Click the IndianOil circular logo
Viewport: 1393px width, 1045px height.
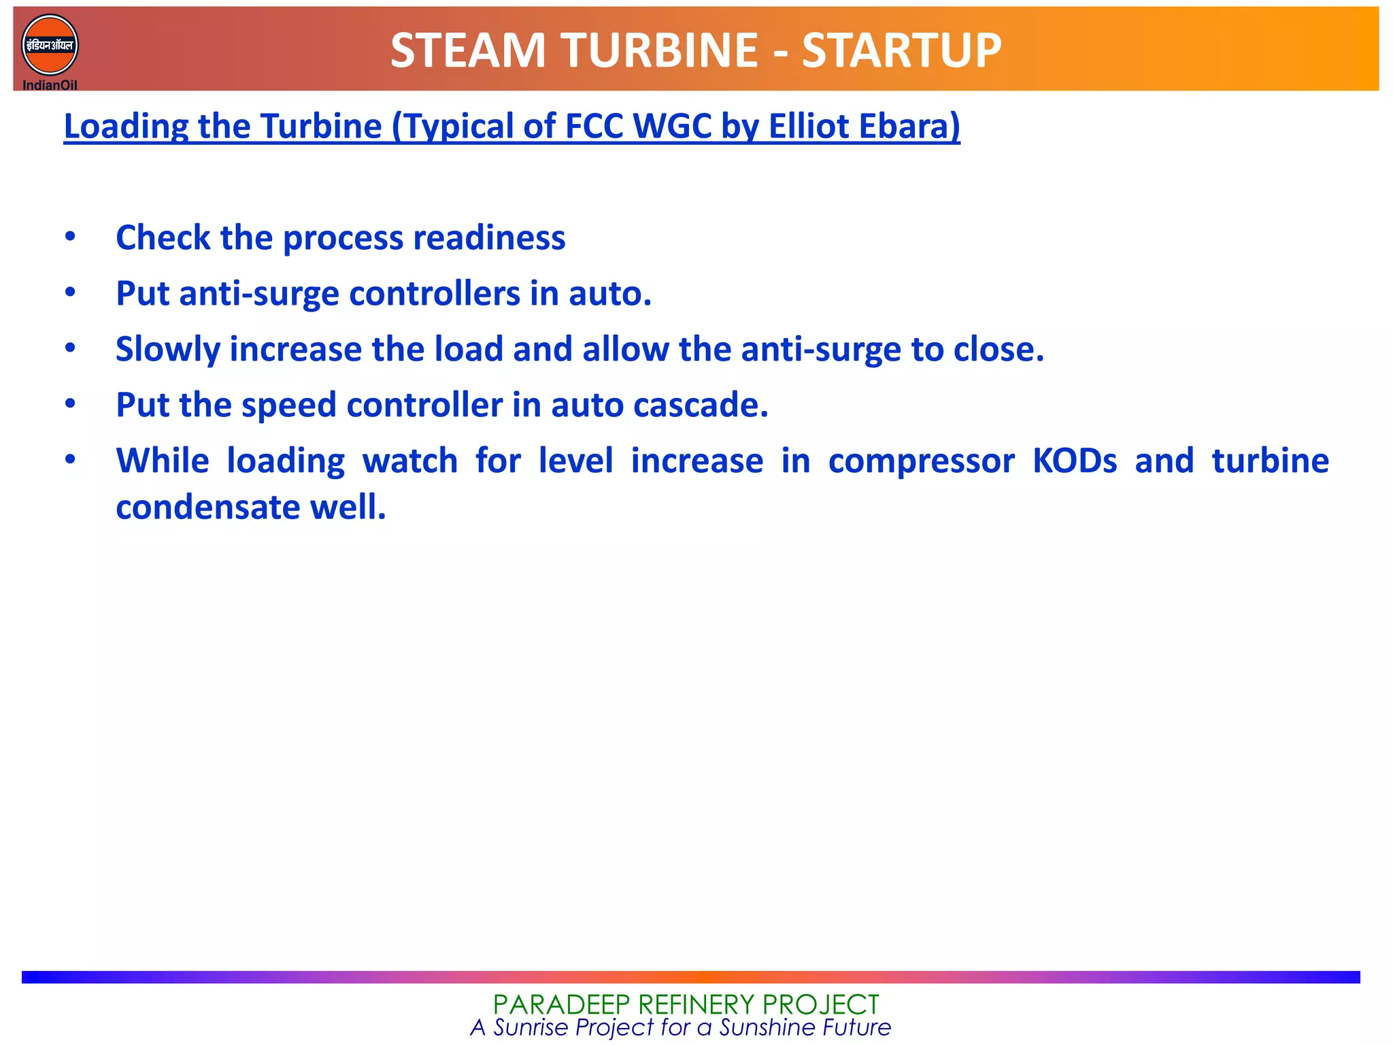click(x=50, y=45)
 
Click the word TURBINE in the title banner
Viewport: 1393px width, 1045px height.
click(x=658, y=51)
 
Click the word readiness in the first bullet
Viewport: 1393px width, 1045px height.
click(x=489, y=237)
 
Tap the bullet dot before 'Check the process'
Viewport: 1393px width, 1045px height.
click(x=70, y=237)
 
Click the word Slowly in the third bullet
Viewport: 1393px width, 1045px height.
click(x=167, y=349)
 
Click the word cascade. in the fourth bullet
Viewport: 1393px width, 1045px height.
click(x=701, y=405)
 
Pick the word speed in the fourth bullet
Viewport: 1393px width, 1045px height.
click(x=289, y=405)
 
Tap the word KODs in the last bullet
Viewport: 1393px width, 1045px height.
click(x=1075, y=461)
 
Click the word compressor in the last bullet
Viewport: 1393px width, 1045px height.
click(x=922, y=461)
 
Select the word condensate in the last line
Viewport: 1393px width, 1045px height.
click(x=207, y=507)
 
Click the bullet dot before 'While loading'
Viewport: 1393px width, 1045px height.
click(x=70, y=460)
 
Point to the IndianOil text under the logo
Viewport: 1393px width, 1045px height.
click(x=50, y=85)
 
